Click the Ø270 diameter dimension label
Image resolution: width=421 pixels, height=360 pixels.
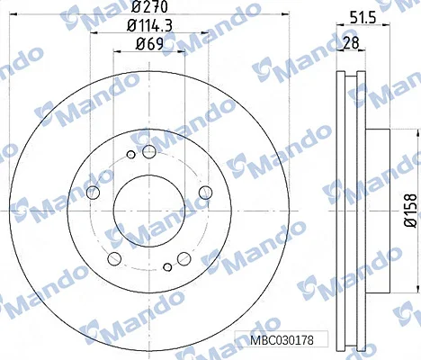point(149,7)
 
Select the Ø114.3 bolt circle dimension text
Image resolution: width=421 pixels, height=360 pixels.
point(149,26)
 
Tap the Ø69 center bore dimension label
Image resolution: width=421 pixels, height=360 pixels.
point(149,44)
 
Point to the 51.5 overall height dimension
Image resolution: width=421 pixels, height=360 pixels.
point(363,18)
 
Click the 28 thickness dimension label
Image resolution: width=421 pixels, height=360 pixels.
point(351,43)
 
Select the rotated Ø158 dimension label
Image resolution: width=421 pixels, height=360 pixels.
point(410,211)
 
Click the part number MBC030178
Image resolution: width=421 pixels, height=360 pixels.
point(282,340)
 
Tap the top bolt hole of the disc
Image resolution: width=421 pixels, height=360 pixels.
point(148,151)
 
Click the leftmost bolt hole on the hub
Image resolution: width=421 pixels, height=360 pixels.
point(93,193)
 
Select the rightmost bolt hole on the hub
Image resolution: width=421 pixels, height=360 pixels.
point(206,193)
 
